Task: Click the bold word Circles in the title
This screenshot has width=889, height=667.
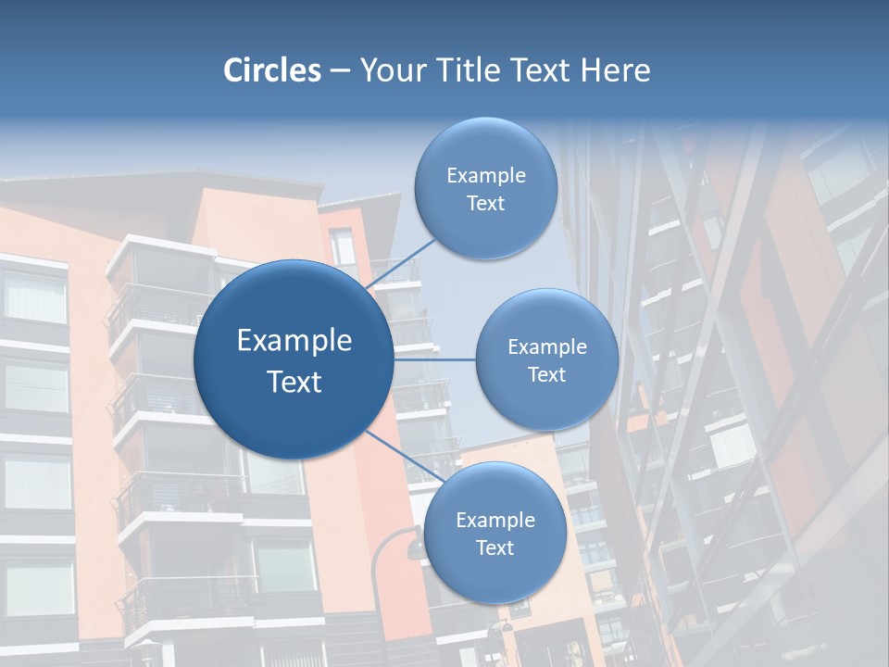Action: click(272, 70)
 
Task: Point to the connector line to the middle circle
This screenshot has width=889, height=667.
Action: click(435, 359)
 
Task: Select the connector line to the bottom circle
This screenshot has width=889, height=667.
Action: click(405, 456)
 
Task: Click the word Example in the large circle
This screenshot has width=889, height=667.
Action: click(294, 341)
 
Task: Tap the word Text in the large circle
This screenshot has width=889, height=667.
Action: click(294, 382)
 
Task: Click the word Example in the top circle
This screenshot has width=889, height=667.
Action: click(486, 176)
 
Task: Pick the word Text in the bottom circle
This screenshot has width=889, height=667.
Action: click(495, 547)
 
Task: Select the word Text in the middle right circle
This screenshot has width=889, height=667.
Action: click(547, 374)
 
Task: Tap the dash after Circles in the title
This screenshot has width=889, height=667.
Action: click(340, 71)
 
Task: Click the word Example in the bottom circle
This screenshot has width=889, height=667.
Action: click(495, 520)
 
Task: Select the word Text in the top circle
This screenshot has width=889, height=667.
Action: click(486, 203)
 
